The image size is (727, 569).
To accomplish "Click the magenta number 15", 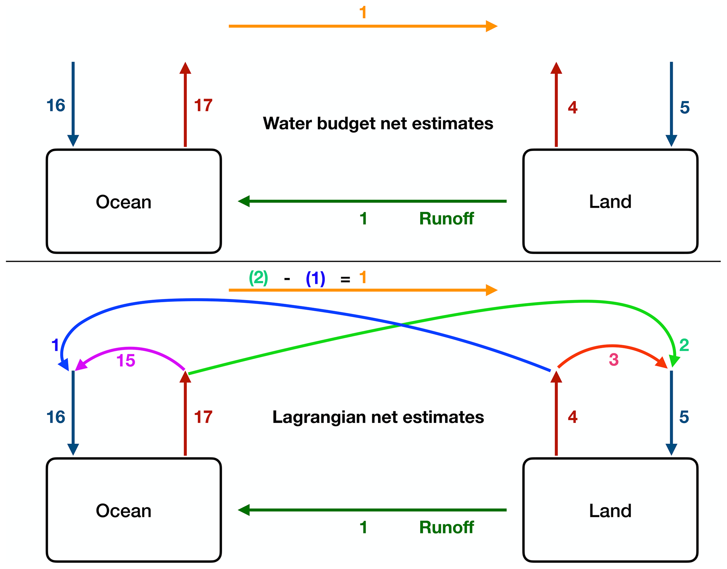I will tap(126, 361).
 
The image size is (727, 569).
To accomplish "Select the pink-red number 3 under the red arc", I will tap(613, 360).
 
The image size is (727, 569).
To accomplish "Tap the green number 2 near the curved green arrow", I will tap(684, 345).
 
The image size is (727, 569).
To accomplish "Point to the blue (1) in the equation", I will tap(315, 279).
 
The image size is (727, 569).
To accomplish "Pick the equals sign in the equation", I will tap(345, 280).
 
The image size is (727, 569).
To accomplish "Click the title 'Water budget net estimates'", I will tap(378, 124).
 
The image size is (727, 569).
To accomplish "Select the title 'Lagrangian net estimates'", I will tap(378, 417).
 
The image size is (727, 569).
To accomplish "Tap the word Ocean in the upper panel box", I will tap(123, 202).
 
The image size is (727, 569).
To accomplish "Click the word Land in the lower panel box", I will tap(610, 511).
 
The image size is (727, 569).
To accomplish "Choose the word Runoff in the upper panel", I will tap(446, 219).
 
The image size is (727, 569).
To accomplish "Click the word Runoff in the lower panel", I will tap(446, 527).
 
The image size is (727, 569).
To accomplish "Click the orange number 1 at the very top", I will tap(363, 13).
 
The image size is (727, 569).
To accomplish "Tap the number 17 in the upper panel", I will tap(203, 106).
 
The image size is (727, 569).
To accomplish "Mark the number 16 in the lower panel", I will tap(56, 417).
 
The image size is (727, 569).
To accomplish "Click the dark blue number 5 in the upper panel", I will tap(684, 108).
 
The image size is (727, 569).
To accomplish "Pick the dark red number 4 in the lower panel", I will tap(573, 417).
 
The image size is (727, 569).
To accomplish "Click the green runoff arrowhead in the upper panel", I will tap(244, 201).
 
